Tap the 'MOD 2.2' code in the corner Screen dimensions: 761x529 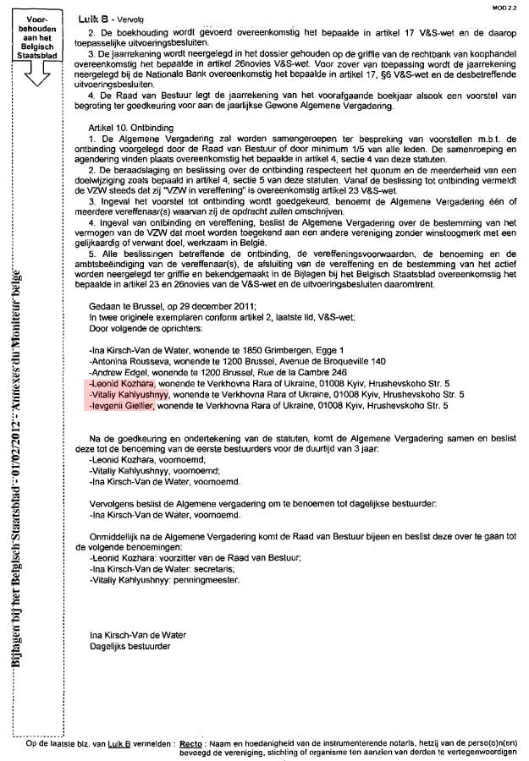pyautogui.click(x=505, y=6)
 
